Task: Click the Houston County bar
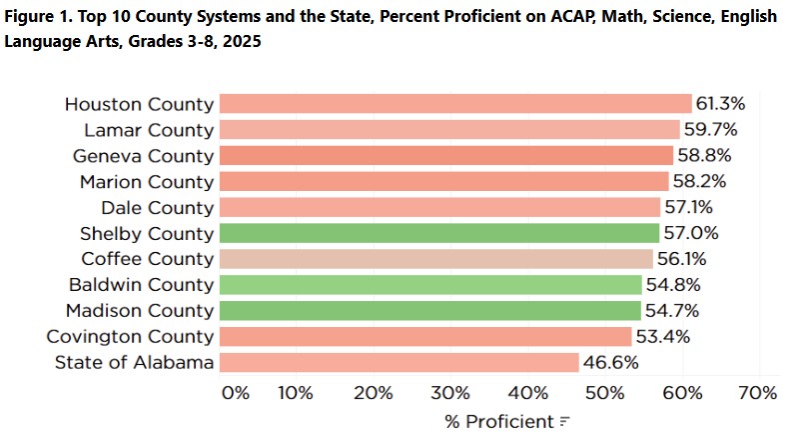pyautogui.click(x=454, y=104)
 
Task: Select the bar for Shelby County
pyautogui.click(x=438, y=233)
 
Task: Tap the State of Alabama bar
pyautogui.click(x=398, y=362)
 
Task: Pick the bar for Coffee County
pyautogui.click(x=435, y=259)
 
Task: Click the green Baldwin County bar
pyautogui.click(x=430, y=285)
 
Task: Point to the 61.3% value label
pyautogui.click(x=721, y=104)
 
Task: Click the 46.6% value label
pyautogui.click(x=609, y=362)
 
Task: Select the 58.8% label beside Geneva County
pyautogui.click(x=703, y=156)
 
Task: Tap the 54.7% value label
pyautogui.click(x=671, y=310)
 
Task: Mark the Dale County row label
pyautogui.click(x=157, y=208)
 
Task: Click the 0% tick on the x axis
pyautogui.click(x=235, y=392)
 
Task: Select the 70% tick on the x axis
pyautogui.click(x=755, y=392)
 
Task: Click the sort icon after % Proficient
pyautogui.click(x=564, y=421)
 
